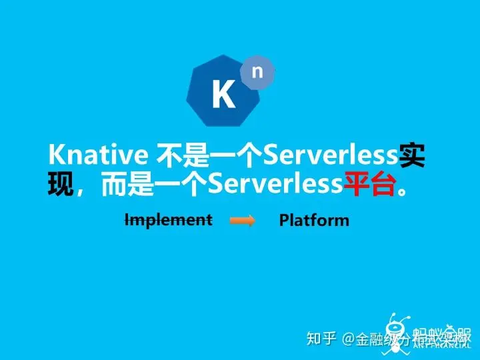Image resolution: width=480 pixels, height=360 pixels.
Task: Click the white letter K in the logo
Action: click(x=223, y=95)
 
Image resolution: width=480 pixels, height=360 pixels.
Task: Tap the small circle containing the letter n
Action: click(x=257, y=72)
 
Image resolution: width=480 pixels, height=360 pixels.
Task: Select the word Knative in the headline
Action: click(x=98, y=155)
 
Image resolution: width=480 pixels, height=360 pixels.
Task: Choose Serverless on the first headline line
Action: click(x=331, y=155)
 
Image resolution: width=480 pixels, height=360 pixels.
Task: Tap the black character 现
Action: click(x=61, y=185)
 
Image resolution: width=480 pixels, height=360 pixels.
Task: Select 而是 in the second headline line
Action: click(x=127, y=185)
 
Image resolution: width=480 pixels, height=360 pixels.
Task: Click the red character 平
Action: click(x=357, y=185)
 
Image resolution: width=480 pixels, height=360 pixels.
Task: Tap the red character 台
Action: click(x=383, y=185)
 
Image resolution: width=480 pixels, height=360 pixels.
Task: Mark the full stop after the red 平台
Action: click(x=401, y=192)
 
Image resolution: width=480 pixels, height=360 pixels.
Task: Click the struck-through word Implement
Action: click(x=169, y=219)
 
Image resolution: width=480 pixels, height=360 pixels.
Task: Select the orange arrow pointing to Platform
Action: click(x=243, y=221)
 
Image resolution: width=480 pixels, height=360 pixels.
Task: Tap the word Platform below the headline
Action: click(x=314, y=220)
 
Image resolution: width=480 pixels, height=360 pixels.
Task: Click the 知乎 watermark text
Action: click(x=321, y=339)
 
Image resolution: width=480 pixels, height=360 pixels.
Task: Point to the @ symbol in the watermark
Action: click(x=347, y=339)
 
